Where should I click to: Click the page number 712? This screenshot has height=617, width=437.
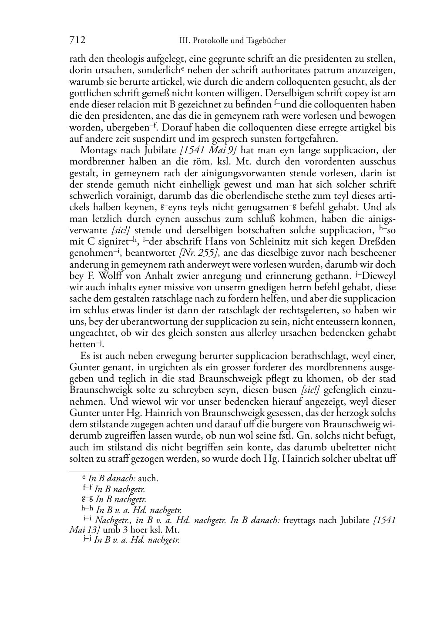click(x=77, y=40)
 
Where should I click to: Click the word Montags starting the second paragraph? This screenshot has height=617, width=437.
click(x=96, y=150)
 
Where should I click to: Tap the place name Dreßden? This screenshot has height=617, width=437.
click(x=376, y=241)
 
